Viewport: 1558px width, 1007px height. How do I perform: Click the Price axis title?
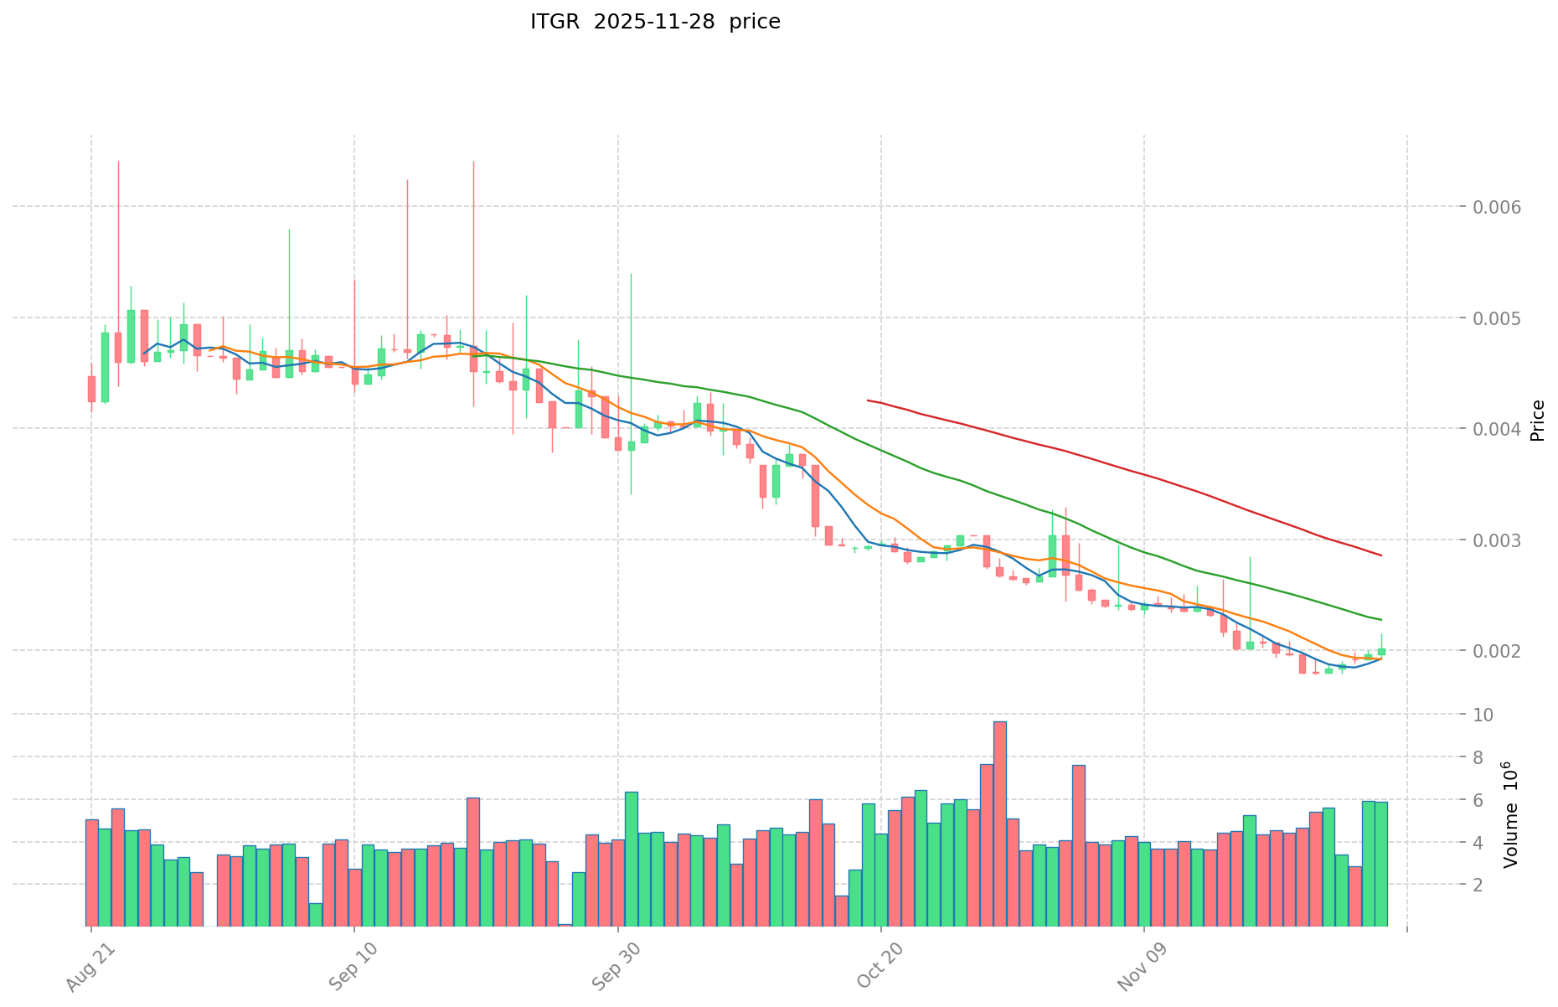tap(1537, 421)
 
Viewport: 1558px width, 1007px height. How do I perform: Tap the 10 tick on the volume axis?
tap(1485, 715)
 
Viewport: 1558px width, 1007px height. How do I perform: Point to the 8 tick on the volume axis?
tap(1481, 757)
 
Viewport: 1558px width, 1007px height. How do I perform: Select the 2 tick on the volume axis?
tap(1481, 885)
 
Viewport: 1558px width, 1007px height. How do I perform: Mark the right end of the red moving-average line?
tap(1381, 555)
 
